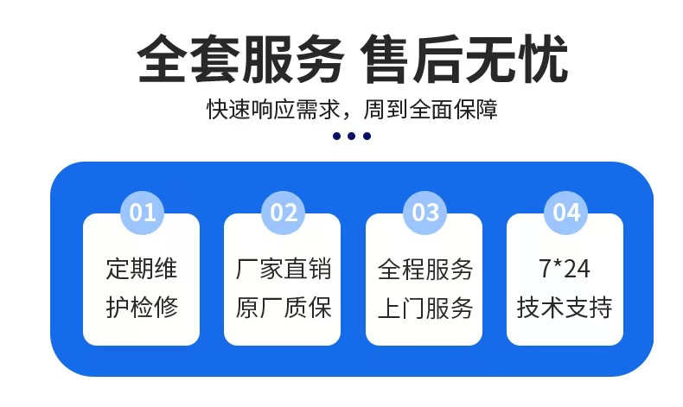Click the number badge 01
click(x=143, y=213)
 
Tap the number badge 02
click(x=284, y=213)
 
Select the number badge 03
click(x=425, y=213)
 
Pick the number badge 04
click(x=566, y=213)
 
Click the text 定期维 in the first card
click(x=142, y=269)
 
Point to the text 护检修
click(x=142, y=308)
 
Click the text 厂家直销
click(x=283, y=269)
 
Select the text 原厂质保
click(x=283, y=308)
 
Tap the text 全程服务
click(x=424, y=269)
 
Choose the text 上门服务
click(x=424, y=308)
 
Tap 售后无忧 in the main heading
click(x=465, y=59)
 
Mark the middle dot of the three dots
click(x=351, y=136)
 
